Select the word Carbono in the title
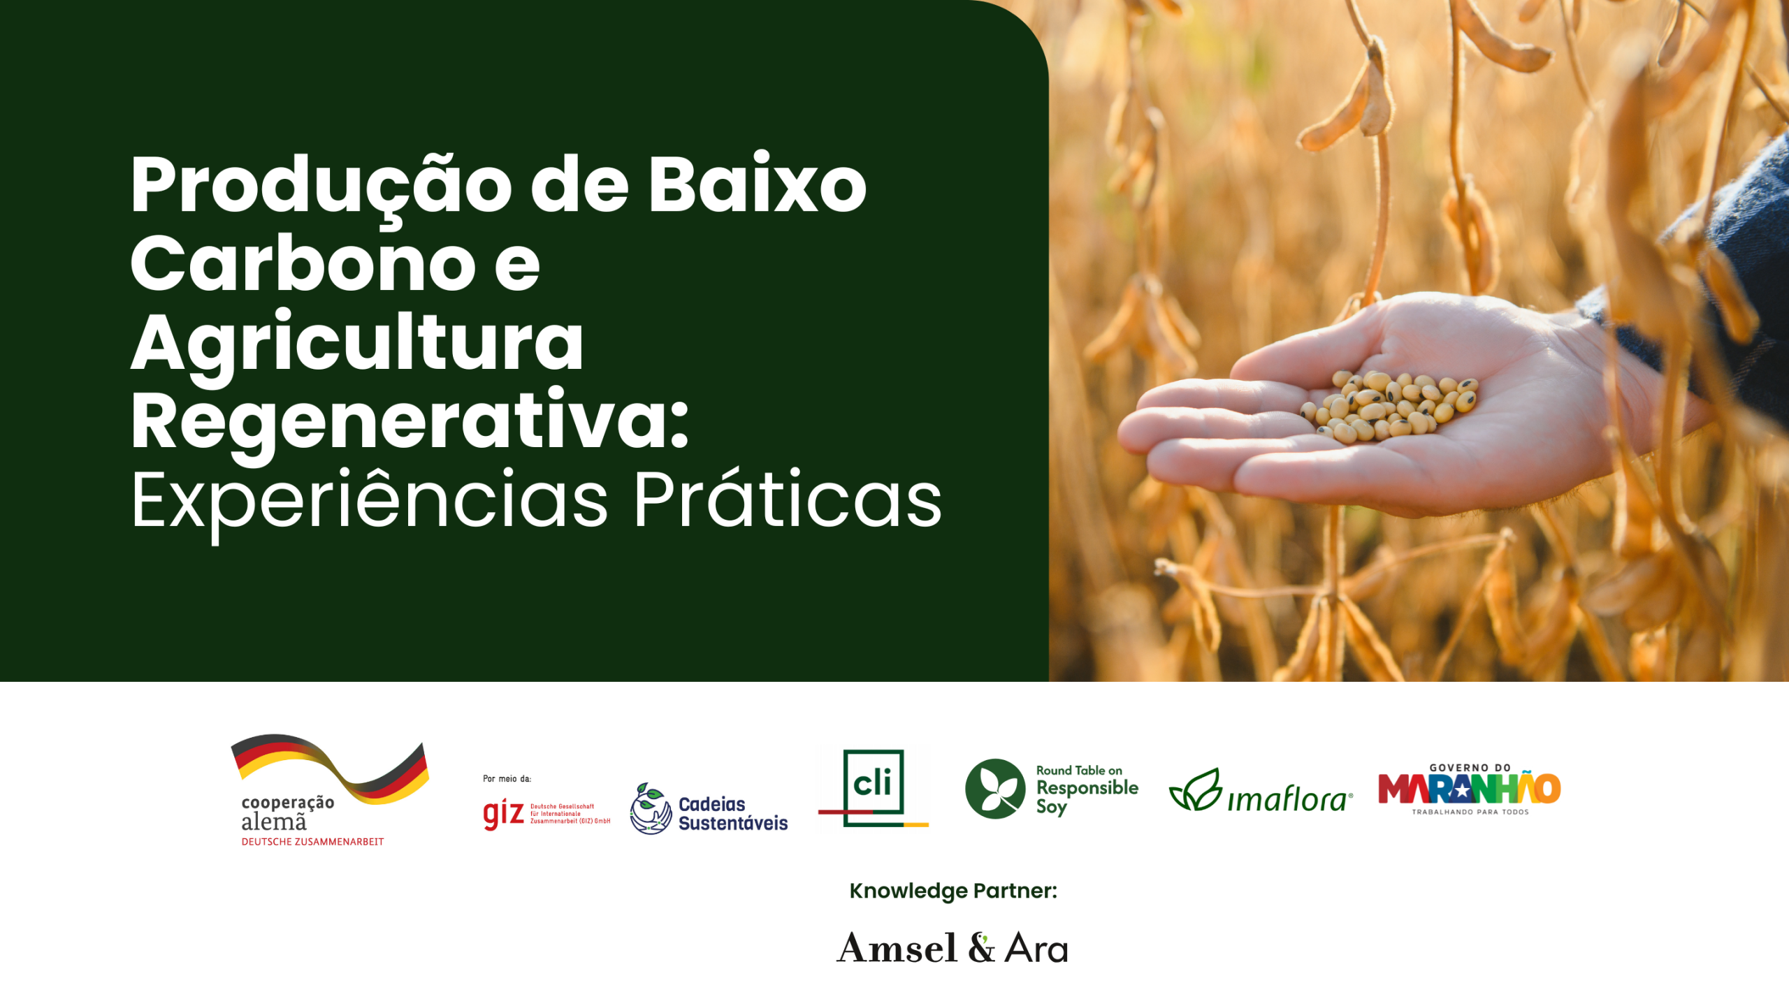pos(302,264)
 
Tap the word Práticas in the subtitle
pos(788,500)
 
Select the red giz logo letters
pos(503,813)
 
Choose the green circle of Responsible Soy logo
pos(995,789)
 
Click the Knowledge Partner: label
pos(953,891)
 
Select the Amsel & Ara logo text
pos(952,948)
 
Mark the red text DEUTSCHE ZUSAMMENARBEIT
pos(312,842)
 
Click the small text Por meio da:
pos(507,778)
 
